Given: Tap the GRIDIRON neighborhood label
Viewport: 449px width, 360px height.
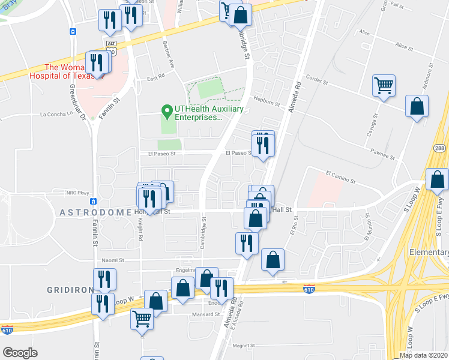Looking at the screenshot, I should pyautogui.click(x=69, y=289).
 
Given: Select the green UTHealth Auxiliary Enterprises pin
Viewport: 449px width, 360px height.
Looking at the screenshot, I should pyautogui.click(x=166, y=110).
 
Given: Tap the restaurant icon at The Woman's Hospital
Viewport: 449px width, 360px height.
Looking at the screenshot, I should pyautogui.click(x=96, y=62).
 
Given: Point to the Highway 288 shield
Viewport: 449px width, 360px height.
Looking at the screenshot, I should pyautogui.click(x=439, y=148).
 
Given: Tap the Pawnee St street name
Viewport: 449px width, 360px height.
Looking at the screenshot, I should pyautogui.click(x=383, y=156).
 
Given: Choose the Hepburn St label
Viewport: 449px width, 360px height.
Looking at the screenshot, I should pyautogui.click(x=267, y=103).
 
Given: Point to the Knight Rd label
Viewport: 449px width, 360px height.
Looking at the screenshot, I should pyautogui.click(x=141, y=230).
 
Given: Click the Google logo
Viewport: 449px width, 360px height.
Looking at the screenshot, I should pyautogui.click(x=20, y=352).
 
